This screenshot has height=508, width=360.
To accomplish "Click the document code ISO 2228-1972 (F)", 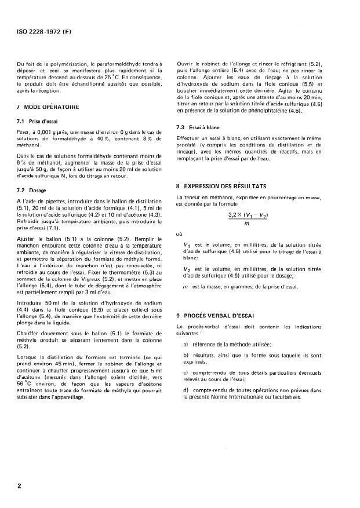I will pyautogui.click(x=45, y=25).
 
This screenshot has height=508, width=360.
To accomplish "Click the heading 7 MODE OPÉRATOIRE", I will pyautogui.click(x=51, y=108).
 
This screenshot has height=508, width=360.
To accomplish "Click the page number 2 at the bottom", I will pyautogui.click(x=19, y=486).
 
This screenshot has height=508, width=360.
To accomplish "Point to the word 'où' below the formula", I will pyautogui.click(x=179, y=235).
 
